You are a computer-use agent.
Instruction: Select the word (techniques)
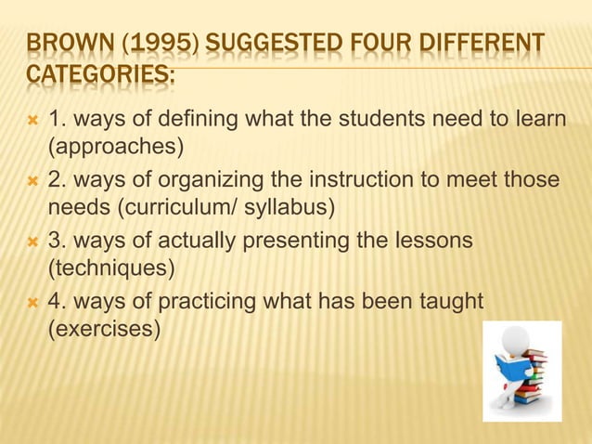click(x=110, y=269)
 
